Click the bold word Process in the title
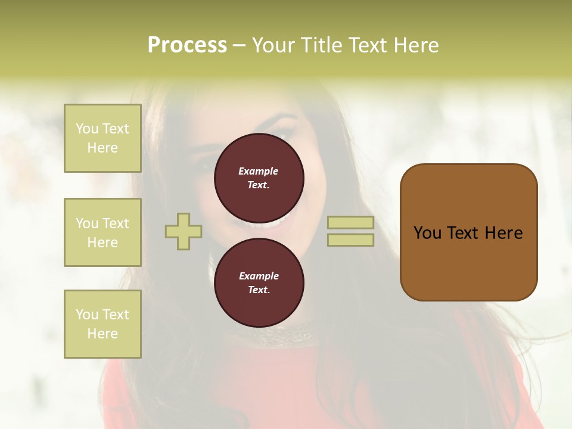[x=187, y=45]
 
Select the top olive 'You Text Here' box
[x=102, y=138]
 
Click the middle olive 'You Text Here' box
[x=102, y=232]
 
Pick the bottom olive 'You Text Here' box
[x=102, y=324]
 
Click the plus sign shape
[x=184, y=231]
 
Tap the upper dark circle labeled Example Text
[x=259, y=178]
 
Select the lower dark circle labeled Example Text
[x=259, y=282]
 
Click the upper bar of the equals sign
[x=350, y=222]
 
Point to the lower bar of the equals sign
[x=350, y=240]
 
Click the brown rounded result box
[x=468, y=262]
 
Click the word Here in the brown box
[x=503, y=233]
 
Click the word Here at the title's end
[x=416, y=45]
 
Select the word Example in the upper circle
[x=259, y=171]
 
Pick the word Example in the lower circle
[x=259, y=276]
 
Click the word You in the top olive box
[x=86, y=129]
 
